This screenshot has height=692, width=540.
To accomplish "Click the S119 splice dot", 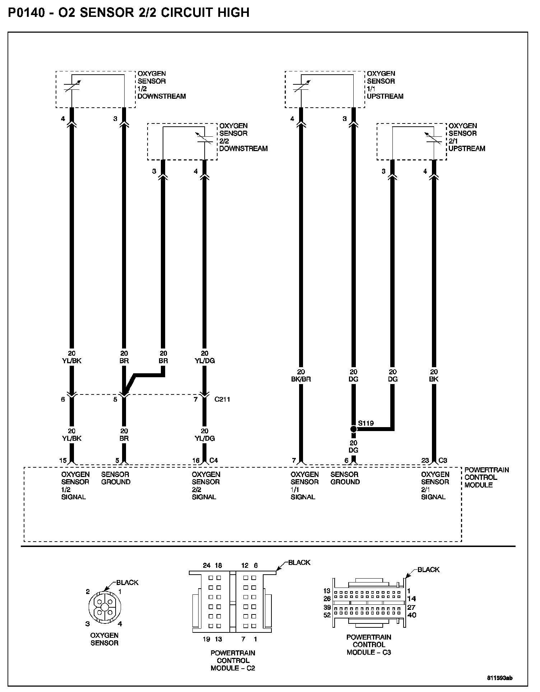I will [353, 429].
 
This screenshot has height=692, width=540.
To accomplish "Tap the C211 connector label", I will [222, 399].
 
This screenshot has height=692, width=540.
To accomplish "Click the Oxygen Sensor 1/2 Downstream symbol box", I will [96, 89].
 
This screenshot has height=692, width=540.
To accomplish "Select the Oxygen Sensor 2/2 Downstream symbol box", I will [182, 142].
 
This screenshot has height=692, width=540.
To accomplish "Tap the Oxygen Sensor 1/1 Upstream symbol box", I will [325, 89].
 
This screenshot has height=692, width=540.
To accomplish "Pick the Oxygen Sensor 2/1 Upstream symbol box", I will [412, 142].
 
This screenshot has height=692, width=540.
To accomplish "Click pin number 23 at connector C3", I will [425, 460].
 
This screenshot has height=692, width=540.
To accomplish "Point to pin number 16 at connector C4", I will [196, 460].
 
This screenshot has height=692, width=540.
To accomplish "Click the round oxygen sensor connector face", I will [104, 607].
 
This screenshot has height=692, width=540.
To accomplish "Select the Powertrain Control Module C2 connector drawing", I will [232, 603].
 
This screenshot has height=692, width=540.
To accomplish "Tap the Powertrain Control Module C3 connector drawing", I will [369, 603].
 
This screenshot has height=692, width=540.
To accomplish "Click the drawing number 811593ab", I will [500, 678].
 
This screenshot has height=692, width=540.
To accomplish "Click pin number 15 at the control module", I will [63, 460].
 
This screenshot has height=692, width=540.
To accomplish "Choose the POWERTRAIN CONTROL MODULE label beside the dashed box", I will [486, 477].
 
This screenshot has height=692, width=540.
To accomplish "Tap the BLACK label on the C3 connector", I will [428, 570].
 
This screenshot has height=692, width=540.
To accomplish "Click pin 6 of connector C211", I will [63, 399].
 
